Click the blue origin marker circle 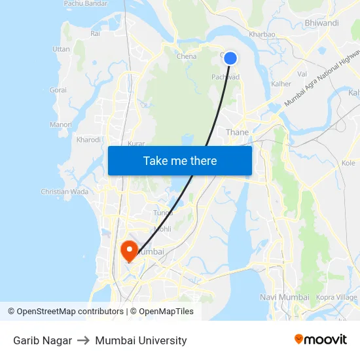[x=230, y=58]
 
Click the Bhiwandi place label [x=321, y=23]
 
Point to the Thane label [x=237, y=132]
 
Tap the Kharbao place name [x=262, y=35]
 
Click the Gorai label [x=58, y=90]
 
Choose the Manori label [x=61, y=124]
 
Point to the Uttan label [x=61, y=49]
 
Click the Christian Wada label [x=64, y=192]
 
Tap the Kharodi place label [x=88, y=139]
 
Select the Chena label [x=187, y=56]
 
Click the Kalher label [x=281, y=84]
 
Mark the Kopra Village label [x=337, y=297]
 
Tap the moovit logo [x=321, y=340]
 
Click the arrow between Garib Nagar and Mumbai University [x=83, y=340]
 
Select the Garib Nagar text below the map [x=43, y=340]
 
